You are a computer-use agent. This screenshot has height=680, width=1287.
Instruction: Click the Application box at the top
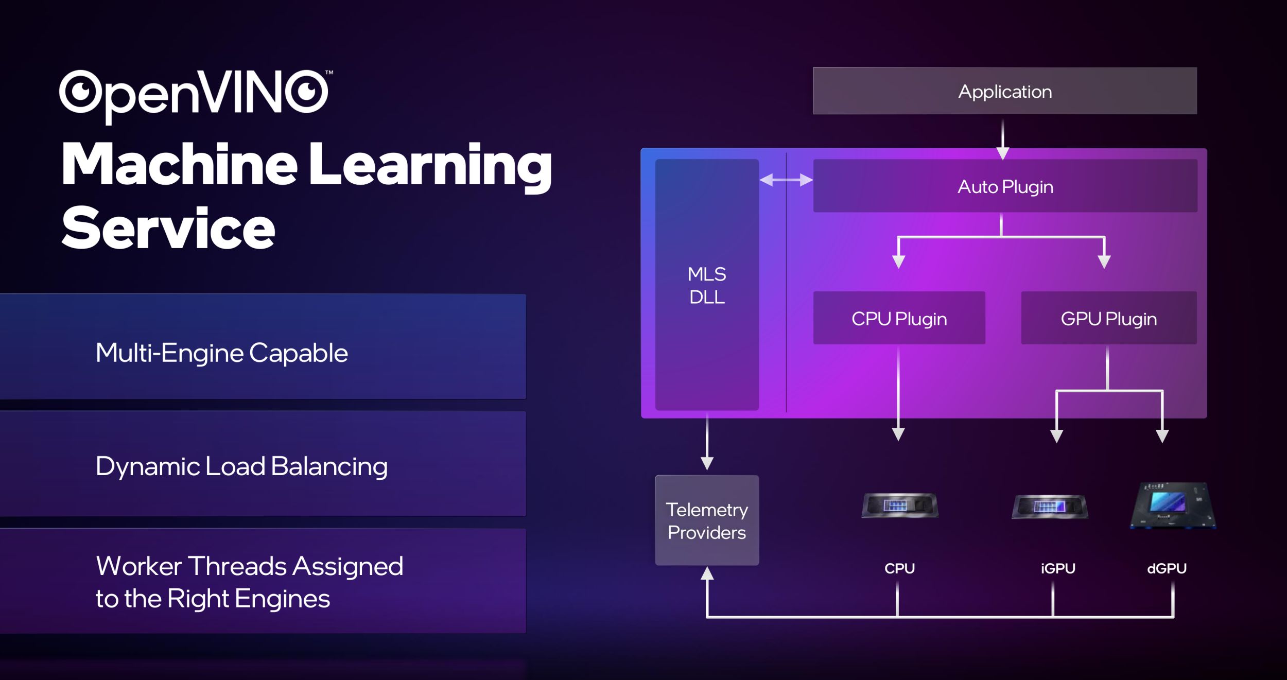(x=1004, y=91)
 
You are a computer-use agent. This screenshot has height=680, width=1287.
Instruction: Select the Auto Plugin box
(x=1005, y=186)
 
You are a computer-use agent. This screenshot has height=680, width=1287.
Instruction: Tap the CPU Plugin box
(x=899, y=319)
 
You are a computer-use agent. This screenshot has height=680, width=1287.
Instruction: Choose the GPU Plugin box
(x=1108, y=319)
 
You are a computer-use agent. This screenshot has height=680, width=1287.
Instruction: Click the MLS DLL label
(x=707, y=285)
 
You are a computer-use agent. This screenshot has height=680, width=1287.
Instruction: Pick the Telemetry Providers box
(x=707, y=520)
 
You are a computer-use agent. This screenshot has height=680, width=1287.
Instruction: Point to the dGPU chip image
(x=1173, y=505)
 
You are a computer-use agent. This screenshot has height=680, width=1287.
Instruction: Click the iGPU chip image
(x=1050, y=507)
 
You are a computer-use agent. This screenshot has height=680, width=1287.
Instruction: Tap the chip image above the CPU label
(x=900, y=505)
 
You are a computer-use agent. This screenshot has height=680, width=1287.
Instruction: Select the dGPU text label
(x=1167, y=568)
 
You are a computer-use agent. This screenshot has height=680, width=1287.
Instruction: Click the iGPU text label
(x=1058, y=568)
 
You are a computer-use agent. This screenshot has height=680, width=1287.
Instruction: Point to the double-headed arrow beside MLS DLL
(x=786, y=180)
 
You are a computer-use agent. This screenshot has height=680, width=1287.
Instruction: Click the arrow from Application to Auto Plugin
(x=1003, y=139)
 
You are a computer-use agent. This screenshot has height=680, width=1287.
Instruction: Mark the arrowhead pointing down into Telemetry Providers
(x=707, y=462)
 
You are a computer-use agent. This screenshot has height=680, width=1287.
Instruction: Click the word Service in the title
(x=168, y=228)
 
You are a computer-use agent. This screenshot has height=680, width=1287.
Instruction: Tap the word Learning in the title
(x=430, y=165)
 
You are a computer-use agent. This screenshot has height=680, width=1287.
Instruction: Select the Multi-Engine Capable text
(x=221, y=353)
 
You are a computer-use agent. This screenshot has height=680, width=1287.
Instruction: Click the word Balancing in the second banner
(x=329, y=467)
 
